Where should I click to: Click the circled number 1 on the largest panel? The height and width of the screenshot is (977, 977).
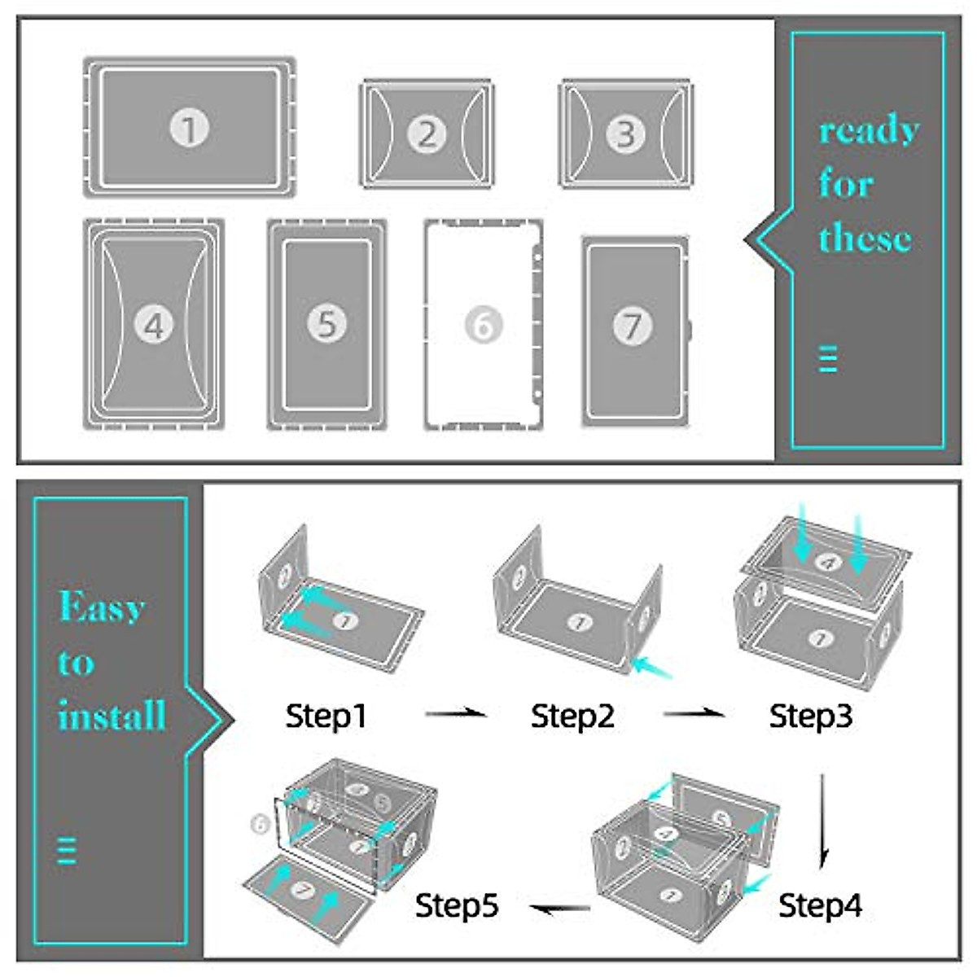click(x=190, y=129)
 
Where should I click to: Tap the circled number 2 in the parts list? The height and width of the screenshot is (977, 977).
click(x=427, y=134)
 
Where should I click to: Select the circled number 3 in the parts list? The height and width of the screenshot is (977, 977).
click(x=625, y=134)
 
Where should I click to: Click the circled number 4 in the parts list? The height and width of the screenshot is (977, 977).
click(x=154, y=325)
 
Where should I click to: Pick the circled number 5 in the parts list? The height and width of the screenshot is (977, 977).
click(x=326, y=324)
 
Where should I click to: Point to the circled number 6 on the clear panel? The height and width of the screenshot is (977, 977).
click(x=484, y=326)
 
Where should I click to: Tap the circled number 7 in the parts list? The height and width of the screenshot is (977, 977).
click(x=632, y=326)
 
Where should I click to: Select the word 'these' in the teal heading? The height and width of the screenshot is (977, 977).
click(x=864, y=239)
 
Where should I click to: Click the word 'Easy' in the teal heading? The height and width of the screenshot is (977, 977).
click(x=102, y=607)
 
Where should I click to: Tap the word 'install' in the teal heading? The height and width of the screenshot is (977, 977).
click(x=112, y=716)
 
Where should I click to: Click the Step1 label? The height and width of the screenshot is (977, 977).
click(x=326, y=716)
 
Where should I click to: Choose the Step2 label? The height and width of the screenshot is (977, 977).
click(x=572, y=716)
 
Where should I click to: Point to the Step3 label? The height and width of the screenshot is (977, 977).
click(x=811, y=716)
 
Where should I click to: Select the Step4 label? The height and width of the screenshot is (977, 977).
click(x=820, y=905)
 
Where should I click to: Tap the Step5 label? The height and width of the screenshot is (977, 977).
click(x=456, y=905)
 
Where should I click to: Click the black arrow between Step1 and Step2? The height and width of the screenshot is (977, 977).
click(x=456, y=714)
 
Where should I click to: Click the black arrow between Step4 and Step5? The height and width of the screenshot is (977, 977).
click(x=560, y=908)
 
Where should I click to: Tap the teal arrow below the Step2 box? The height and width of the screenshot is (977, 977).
click(x=654, y=668)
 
